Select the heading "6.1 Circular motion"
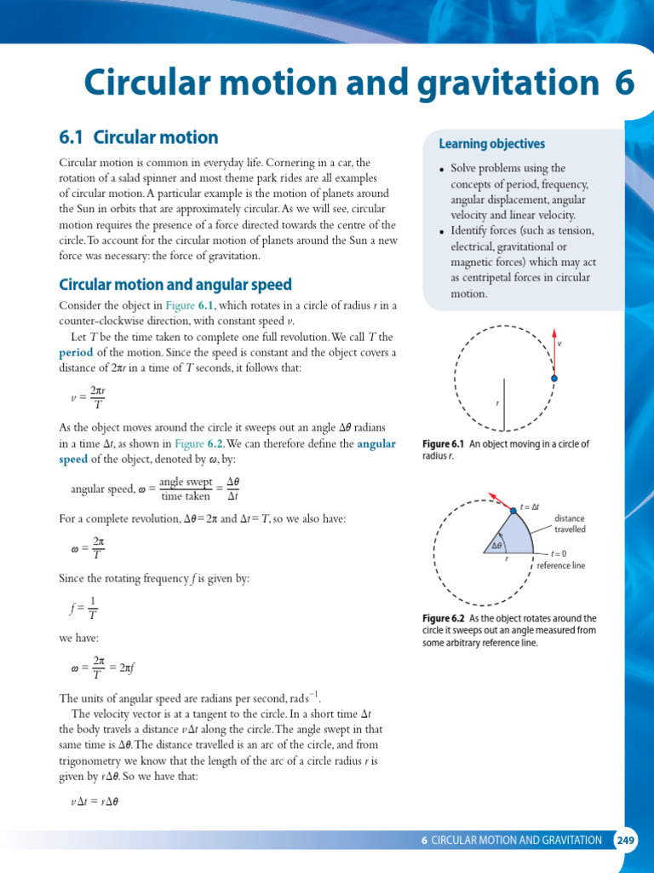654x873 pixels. (138, 137)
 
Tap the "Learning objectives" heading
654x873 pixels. (491, 144)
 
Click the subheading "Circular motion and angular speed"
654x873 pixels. (175, 285)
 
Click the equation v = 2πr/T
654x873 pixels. (89, 397)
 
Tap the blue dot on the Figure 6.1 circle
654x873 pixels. (554, 377)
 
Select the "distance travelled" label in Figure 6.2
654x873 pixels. (570, 523)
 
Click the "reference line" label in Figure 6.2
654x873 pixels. (560, 565)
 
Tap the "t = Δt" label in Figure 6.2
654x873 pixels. (531, 506)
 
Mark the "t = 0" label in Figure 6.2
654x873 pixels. (558, 553)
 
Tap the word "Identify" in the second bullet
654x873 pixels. (469, 231)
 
